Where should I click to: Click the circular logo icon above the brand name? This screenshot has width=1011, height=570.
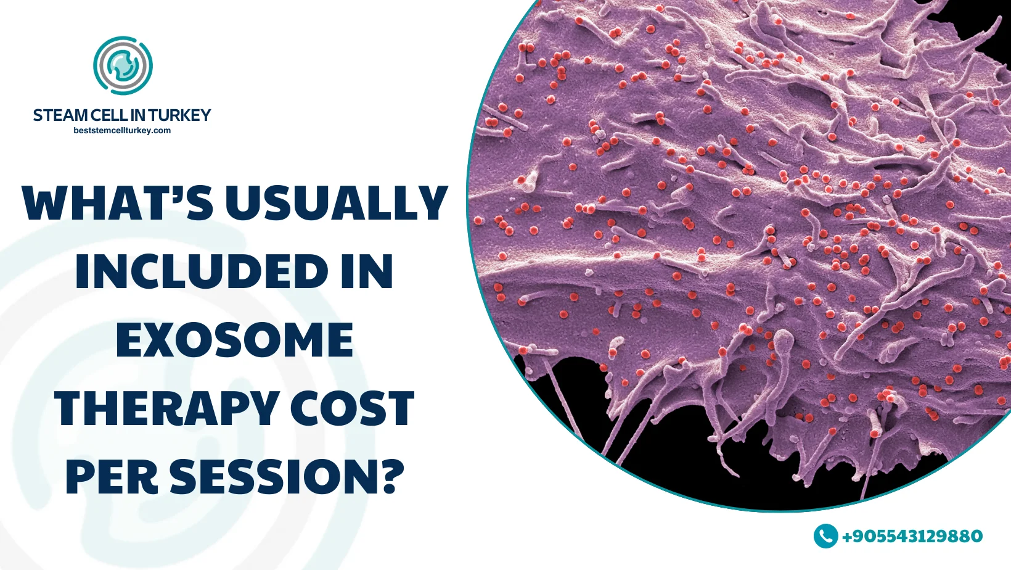(x=123, y=65)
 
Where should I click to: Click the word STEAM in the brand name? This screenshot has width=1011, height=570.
(x=60, y=115)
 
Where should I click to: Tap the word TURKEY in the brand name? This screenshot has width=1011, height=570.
(x=180, y=115)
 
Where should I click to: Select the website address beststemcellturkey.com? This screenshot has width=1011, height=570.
(x=122, y=131)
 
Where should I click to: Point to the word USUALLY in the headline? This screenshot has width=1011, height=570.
(x=336, y=203)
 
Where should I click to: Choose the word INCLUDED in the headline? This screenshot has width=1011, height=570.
(x=202, y=271)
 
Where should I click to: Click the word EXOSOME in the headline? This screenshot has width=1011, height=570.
(x=234, y=340)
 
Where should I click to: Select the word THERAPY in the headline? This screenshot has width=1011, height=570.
(x=166, y=408)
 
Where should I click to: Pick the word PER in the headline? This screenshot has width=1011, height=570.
(x=112, y=477)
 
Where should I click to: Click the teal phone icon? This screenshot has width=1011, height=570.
(x=825, y=536)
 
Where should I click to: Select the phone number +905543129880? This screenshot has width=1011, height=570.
(x=912, y=536)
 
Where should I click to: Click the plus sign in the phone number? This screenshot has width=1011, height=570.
(x=847, y=536)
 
